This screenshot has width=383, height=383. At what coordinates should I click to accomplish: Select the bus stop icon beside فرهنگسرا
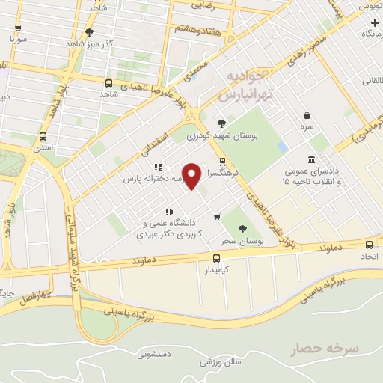pos(222,162)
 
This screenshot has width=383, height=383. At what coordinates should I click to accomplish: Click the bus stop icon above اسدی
pos(42,137)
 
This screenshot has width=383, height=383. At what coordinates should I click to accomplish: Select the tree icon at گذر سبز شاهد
pos(90,32)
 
